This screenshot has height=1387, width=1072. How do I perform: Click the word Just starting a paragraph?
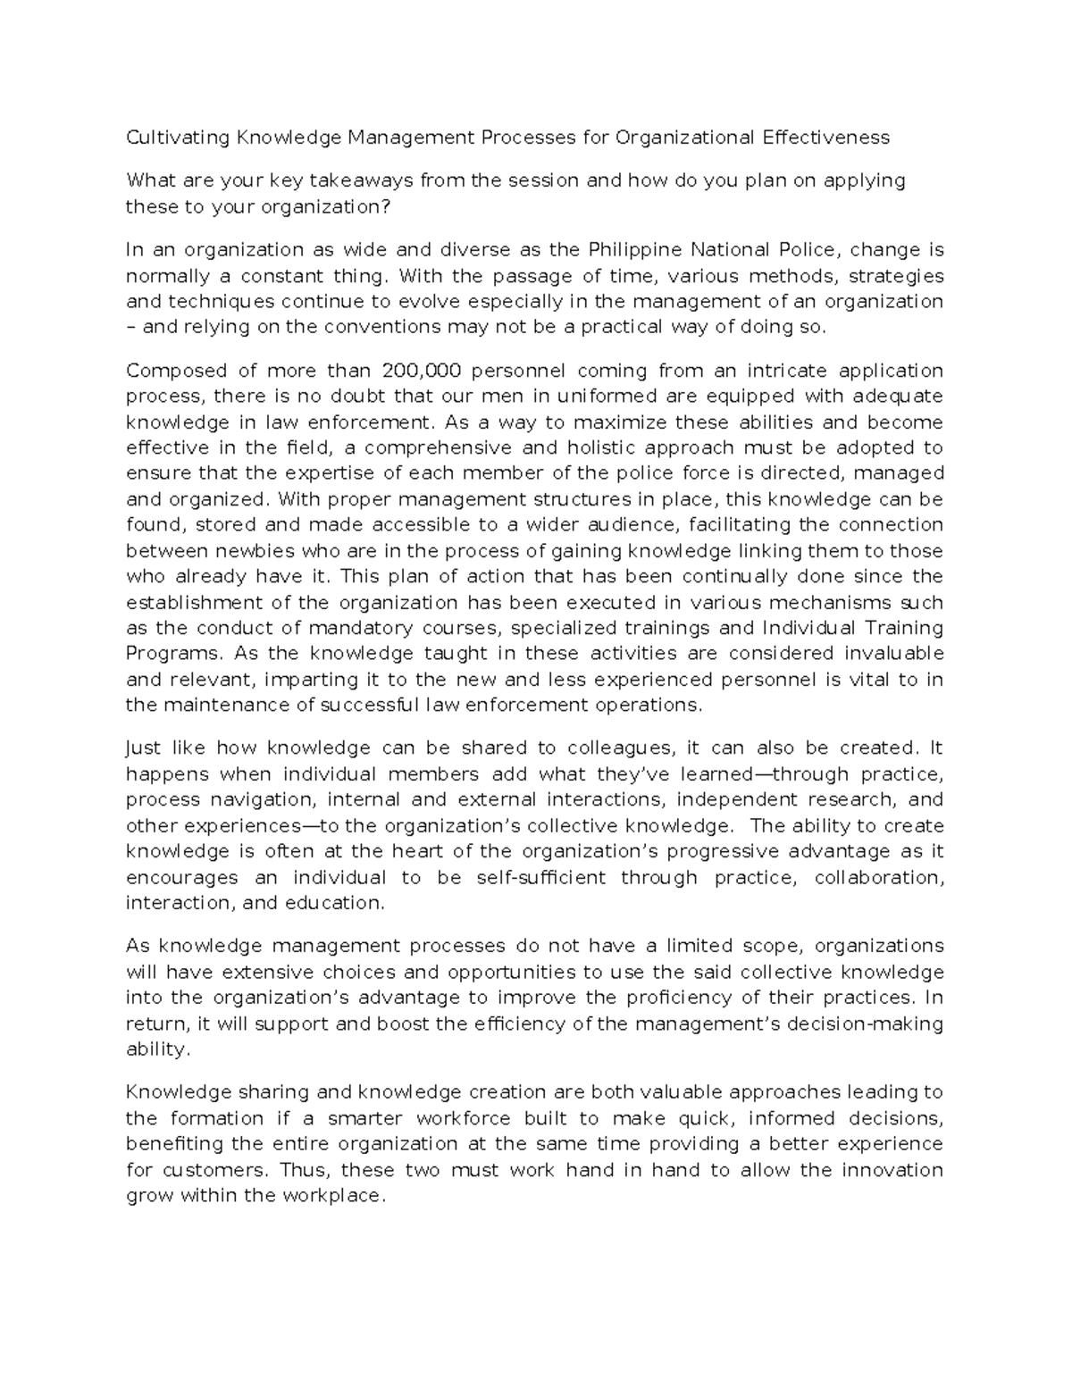[145, 748]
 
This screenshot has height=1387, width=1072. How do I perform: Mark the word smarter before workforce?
[365, 1118]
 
